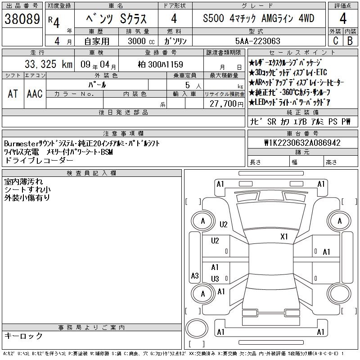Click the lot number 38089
pos(22,19)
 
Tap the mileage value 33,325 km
pos(49,64)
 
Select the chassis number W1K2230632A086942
pos(302,143)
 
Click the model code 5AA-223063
pos(257,41)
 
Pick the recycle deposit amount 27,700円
pos(226,104)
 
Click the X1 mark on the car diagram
pos(284,237)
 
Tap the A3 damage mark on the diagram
pos(195,275)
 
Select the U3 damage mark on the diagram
pos(215,279)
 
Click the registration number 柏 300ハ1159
pos(161,64)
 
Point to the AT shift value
pos(13,94)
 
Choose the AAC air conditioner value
pos(35,94)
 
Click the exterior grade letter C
pos(336,41)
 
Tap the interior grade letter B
pos(350,41)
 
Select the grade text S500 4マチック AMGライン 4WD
pos(258,18)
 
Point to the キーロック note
pos(23,336)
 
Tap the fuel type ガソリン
pos(175,41)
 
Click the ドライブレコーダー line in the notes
pos(39,160)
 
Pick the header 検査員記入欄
pos(92,173)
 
